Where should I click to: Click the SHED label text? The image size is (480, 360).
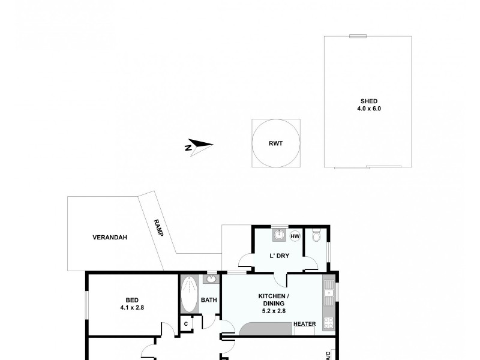(x=369, y=101)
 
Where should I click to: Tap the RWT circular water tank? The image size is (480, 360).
(x=275, y=143)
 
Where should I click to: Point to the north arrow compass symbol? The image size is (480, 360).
(x=199, y=146)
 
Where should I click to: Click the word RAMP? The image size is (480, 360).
(x=158, y=227)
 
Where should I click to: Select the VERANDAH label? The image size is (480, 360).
(x=109, y=237)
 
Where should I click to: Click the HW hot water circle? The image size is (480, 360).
(x=295, y=236)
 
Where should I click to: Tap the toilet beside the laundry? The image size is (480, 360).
(x=317, y=236)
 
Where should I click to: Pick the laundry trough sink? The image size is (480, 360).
(x=279, y=235)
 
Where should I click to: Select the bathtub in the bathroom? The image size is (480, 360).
(x=188, y=293)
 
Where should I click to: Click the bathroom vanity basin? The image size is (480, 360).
(x=212, y=279)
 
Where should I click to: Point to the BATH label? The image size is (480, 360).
(x=209, y=300)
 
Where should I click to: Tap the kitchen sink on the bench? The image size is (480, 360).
(x=328, y=293)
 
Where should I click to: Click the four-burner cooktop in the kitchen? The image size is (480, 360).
(x=328, y=323)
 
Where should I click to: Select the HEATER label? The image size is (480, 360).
(x=304, y=325)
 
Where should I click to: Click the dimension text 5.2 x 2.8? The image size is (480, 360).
(x=275, y=311)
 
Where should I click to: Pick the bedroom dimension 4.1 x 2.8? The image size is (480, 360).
(x=132, y=308)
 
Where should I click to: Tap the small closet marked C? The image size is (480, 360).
(x=186, y=324)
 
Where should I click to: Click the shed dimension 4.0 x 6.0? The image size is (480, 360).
(x=369, y=109)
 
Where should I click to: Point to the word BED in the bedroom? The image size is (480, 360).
(x=132, y=301)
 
